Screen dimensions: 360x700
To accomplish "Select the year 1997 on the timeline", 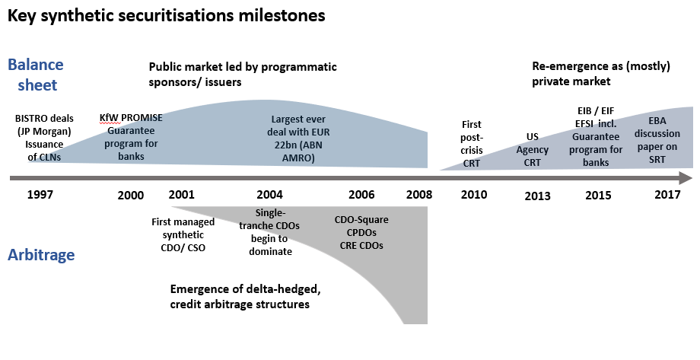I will point(40,194).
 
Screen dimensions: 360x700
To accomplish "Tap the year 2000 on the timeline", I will point(131,196).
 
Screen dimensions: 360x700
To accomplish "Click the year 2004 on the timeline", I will point(270,194).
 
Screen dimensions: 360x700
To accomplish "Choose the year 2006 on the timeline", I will point(361,194).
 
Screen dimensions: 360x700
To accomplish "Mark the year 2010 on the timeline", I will point(473,194).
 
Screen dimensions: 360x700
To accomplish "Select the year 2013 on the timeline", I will point(537,196).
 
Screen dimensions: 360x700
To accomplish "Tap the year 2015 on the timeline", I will point(598,196).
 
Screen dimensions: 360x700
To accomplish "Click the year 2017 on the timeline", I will point(667,194).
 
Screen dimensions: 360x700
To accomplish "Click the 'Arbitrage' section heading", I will point(41,255).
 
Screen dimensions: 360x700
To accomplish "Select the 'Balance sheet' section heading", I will point(36,75).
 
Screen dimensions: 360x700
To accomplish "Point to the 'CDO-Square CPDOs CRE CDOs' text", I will point(359,232).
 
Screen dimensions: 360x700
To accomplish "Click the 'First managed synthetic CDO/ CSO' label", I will point(183,234).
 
